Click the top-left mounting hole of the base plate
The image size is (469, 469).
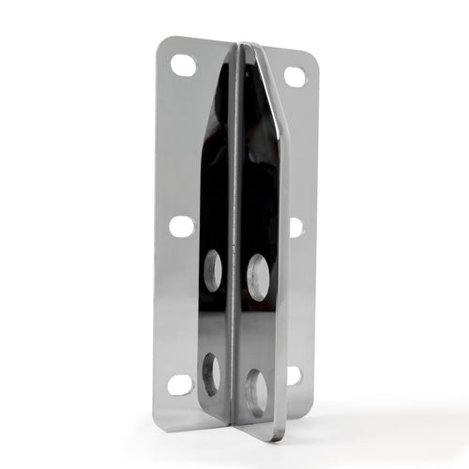pyautogui.click(x=184, y=66)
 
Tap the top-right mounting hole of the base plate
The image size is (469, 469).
pyautogui.click(x=295, y=77)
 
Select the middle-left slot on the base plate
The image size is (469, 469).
pyautogui.click(x=182, y=226)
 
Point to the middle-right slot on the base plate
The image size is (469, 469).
pyautogui.click(x=295, y=227)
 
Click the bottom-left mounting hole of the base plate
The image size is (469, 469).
pyautogui.click(x=180, y=384)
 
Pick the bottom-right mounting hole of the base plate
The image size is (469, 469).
pyautogui.click(x=294, y=375)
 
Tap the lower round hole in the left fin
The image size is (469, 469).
pyautogui.click(x=212, y=372)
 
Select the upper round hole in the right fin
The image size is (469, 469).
pyautogui.click(x=257, y=276)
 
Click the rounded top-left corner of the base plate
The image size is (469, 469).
pyautogui.click(x=162, y=42)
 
